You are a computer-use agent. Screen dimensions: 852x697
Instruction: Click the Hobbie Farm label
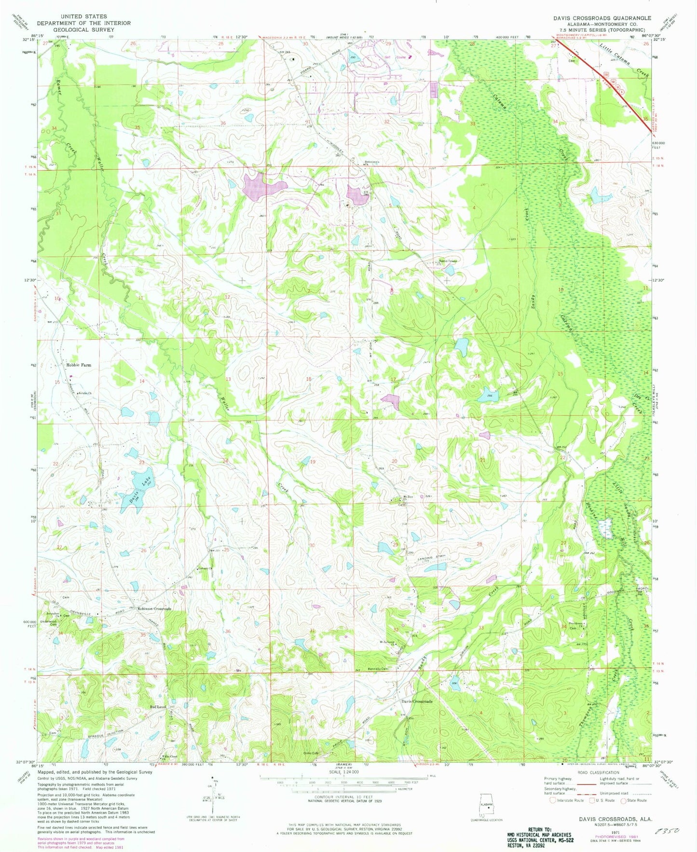78,365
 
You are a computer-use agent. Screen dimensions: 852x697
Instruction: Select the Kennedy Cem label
379,669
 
